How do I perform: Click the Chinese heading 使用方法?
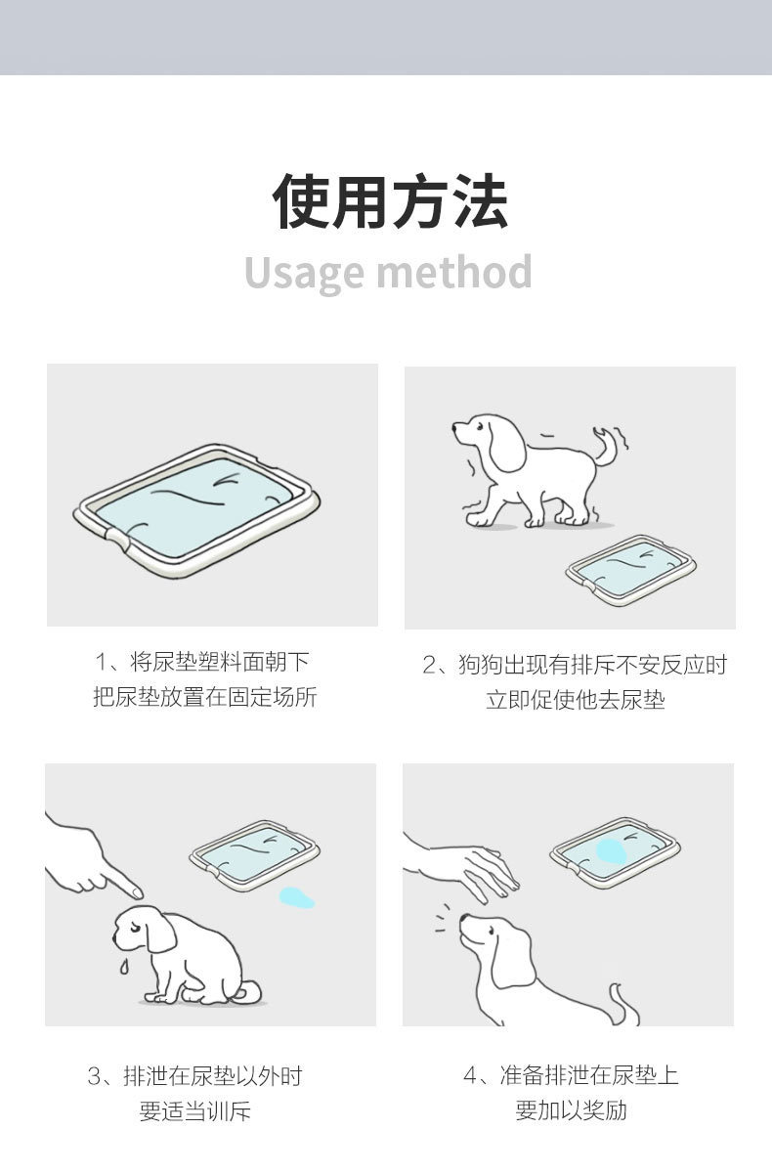tap(390, 201)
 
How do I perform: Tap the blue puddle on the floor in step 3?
tap(297, 896)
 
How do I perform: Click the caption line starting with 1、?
tap(202, 662)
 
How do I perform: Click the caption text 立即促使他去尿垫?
tap(575, 700)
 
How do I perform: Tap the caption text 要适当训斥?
tap(194, 1111)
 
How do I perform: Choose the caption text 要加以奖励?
tap(571, 1110)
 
